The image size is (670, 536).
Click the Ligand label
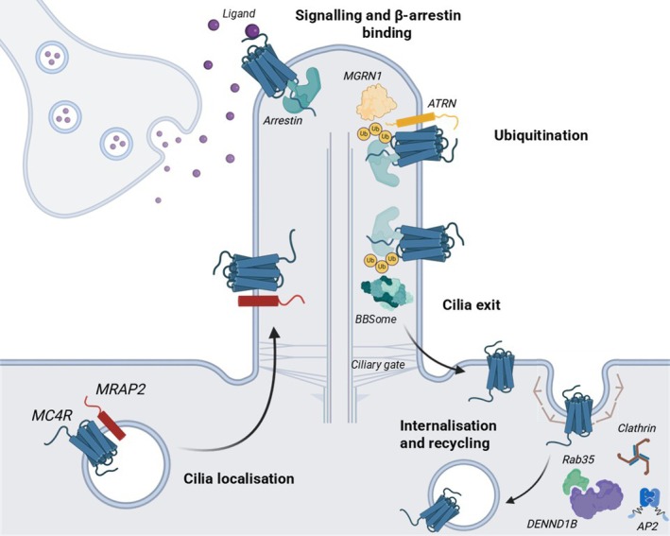click(x=239, y=14)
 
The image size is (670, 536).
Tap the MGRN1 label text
click(x=363, y=77)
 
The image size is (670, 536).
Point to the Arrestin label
click(x=283, y=121)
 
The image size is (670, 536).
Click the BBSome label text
click(x=375, y=319)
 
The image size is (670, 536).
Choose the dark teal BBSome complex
click(x=387, y=293)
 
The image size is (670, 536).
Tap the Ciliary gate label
click(x=378, y=365)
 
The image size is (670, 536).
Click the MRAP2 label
click(x=120, y=389)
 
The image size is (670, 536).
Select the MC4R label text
click(x=52, y=415)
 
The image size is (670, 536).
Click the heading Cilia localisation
click(x=239, y=478)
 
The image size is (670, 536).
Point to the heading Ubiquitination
click(x=541, y=135)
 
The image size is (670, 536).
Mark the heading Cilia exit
click(x=472, y=304)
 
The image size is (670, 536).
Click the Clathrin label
click(x=637, y=428)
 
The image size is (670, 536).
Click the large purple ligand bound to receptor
click(x=252, y=31)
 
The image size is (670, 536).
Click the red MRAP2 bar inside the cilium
click(x=259, y=301)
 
